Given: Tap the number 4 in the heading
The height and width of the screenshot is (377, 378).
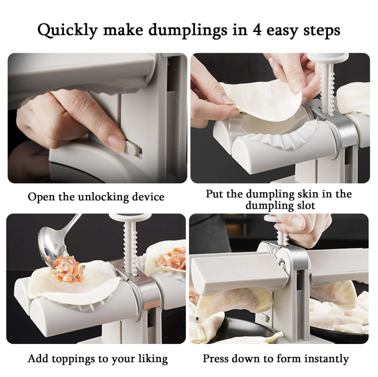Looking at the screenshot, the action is point(257,30).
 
